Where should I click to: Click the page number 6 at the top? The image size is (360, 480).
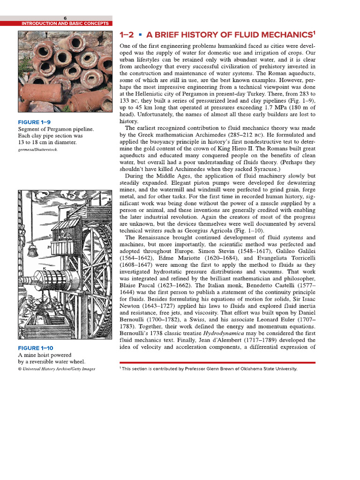click(66, 18)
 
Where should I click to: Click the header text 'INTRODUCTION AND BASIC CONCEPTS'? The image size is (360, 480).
click(65, 23)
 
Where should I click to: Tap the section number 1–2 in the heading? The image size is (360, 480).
click(127, 35)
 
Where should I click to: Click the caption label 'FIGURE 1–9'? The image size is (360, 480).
click(35, 122)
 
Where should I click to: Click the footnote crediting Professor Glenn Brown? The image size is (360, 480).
click(209, 369)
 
